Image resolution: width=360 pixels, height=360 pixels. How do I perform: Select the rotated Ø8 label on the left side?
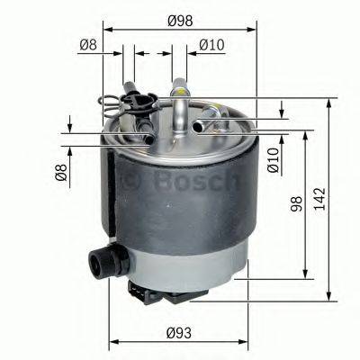60,170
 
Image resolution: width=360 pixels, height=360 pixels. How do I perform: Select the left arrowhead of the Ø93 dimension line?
114,343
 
